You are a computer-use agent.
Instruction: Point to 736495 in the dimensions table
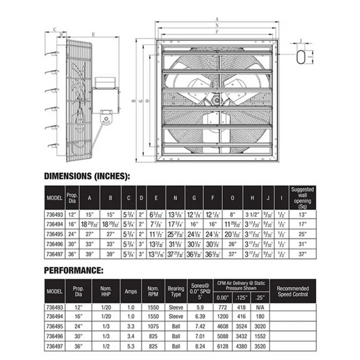54,233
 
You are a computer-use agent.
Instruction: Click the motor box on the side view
105,82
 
